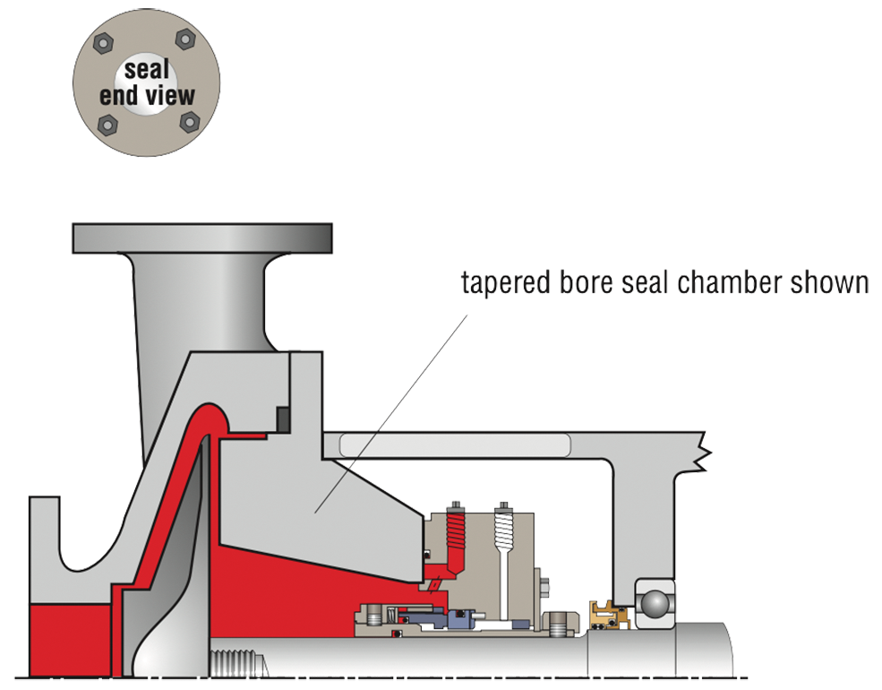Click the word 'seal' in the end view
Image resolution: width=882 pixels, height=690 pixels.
[x=147, y=71]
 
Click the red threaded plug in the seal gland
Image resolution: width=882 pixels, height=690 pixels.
[x=457, y=530]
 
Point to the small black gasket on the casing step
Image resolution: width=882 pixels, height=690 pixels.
[x=283, y=418]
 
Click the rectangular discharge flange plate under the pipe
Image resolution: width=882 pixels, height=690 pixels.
[x=202, y=238]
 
